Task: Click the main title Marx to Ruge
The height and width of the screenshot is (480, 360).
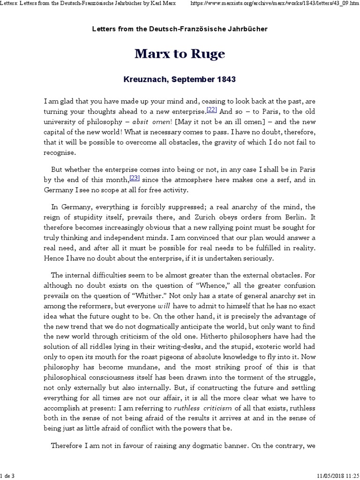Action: click(180, 54)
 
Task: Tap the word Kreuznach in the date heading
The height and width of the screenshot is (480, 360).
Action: click(142, 79)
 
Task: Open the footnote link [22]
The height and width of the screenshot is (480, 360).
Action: click(212, 110)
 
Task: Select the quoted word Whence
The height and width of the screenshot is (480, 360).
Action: click(201, 281)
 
